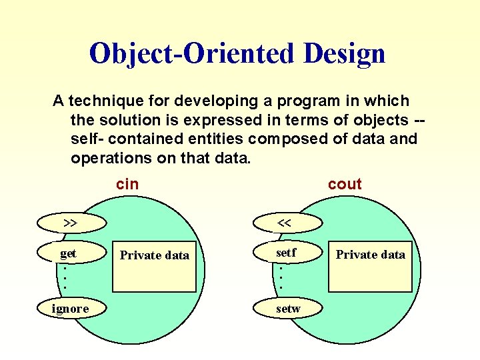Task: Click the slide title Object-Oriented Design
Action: [x=237, y=53]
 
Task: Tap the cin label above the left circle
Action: [x=127, y=184]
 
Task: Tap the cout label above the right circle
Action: [x=345, y=184]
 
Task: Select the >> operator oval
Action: [x=69, y=222]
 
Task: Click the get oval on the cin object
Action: [x=69, y=253]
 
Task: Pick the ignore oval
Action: [x=71, y=308]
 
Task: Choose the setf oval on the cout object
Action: [x=286, y=253]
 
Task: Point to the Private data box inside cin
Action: [x=154, y=265]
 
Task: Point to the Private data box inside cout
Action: [x=370, y=265]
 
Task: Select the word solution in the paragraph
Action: [x=127, y=120]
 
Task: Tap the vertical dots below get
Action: [x=65, y=278]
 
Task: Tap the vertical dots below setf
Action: [x=281, y=278]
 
